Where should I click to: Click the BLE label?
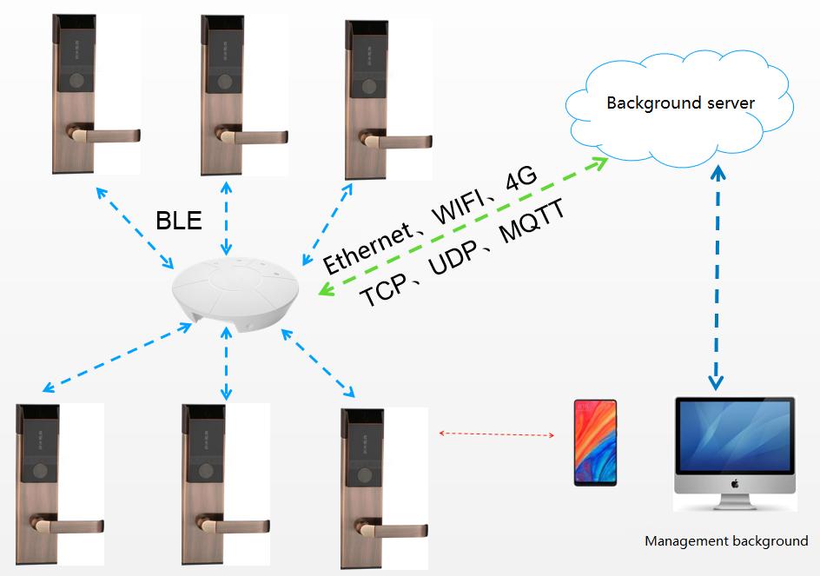pyautogui.click(x=179, y=221)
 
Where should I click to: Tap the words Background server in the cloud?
pyautogui.click(x=680, y=103)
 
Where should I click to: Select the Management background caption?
pyautogui.click(x=726, y=541)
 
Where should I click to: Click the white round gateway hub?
pyautogui.click(x=235, y=292)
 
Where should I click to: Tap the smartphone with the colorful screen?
pyautogui.click(x=595, y=442)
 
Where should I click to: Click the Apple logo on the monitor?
pyautogui.click(x=735, y=483)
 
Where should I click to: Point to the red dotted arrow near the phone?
pyautogui.click(x=496, y=434)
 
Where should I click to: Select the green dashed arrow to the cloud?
pyautogui.click(x=463, y=226)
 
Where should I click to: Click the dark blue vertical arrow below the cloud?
pyautogui.click(x=717, y=278)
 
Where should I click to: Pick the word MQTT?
pyautogui.click(x=532, y=222)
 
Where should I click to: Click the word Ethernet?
pyautogui.click(x=367, y=247)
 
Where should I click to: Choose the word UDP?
pyautogui.click(x=453, y=258)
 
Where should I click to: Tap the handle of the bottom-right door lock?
pyautogui.click(x=391, y=529)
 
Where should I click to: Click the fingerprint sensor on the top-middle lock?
pyautogui.click(x=226, y=83)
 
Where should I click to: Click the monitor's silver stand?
pyautogui.click(x=734, y=503)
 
